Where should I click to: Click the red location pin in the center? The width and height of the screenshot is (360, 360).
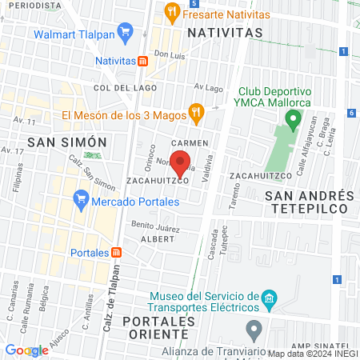tap(181, 162)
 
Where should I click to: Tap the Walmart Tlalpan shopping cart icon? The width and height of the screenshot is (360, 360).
tap(124, 33)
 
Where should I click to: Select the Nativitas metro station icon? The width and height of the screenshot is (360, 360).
tap(142, 60)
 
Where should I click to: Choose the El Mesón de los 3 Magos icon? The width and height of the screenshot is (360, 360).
tap(194, 111)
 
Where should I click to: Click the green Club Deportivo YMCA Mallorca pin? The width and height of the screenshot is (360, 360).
tap(293, 121)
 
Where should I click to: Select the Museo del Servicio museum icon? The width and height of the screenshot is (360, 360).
tap(270, 302)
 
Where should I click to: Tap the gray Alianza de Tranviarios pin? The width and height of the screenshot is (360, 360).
tap(254, 328)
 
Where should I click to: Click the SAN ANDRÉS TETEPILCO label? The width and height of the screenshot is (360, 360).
tap(309, 202)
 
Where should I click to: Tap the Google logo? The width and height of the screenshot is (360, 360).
tap(26, 350)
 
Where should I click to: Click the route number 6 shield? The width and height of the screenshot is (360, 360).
tap(352, 113)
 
